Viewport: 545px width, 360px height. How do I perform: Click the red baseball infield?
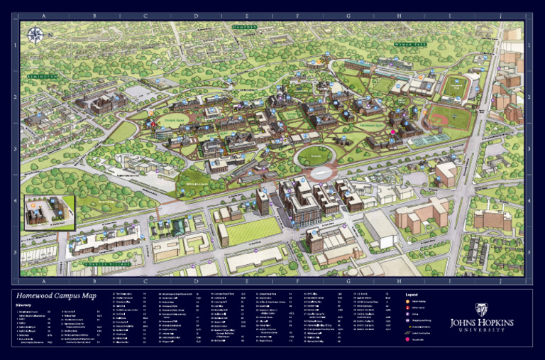[x=439, y=119]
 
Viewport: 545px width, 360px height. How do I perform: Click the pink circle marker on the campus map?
[x=392, y=133]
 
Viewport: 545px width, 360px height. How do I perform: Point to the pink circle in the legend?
[x=408, y=339]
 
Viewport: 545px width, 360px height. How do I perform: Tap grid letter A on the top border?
[x=44, y=16]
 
